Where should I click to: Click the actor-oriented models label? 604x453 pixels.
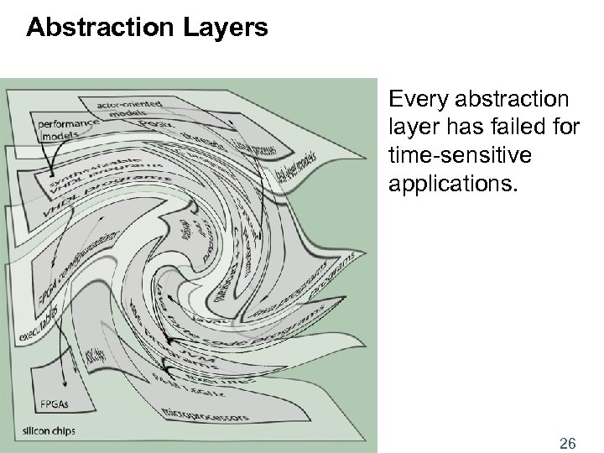pos(129,107)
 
